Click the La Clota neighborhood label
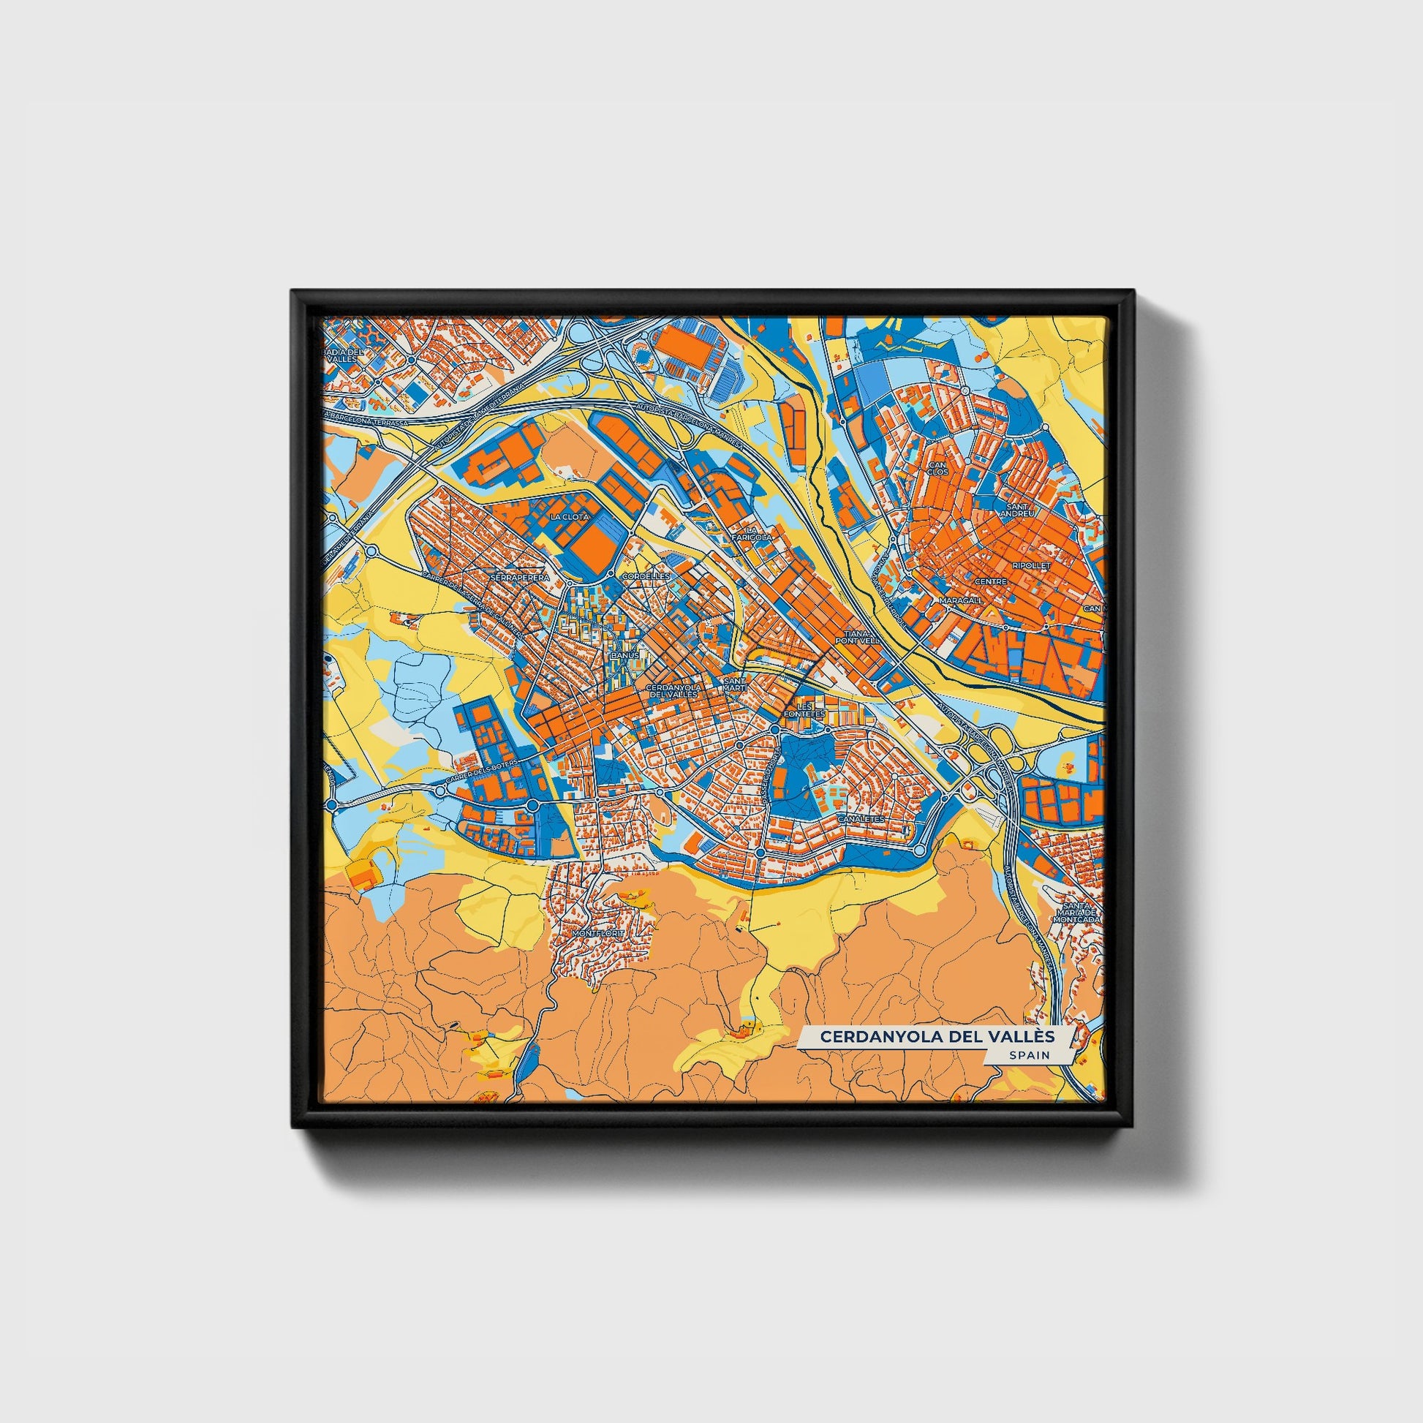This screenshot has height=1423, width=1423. (570, 517)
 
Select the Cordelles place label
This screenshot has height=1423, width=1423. (645, 575)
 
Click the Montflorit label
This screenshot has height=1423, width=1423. (597, 932)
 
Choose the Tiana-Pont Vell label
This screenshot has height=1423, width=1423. (857, 637)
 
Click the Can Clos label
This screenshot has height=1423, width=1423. (937, 469)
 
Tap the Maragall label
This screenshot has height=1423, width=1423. (960, 601)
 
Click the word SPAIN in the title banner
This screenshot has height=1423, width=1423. (1029, 1054)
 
